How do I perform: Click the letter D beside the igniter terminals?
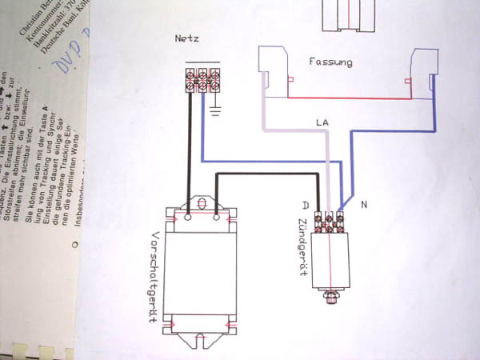point(305,205)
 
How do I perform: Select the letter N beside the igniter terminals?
point(364,206)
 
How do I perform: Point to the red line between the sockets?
point(352,98)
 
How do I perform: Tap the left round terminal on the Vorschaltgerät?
point(188,215)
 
